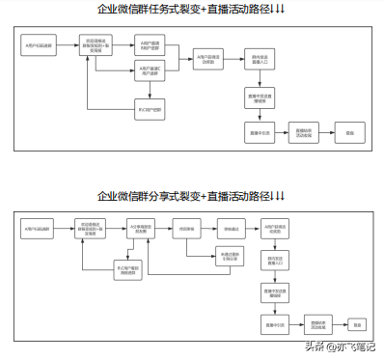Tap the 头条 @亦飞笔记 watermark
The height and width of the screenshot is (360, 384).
tap(340, 345)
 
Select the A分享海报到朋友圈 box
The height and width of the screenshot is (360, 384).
tap(142, 229)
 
